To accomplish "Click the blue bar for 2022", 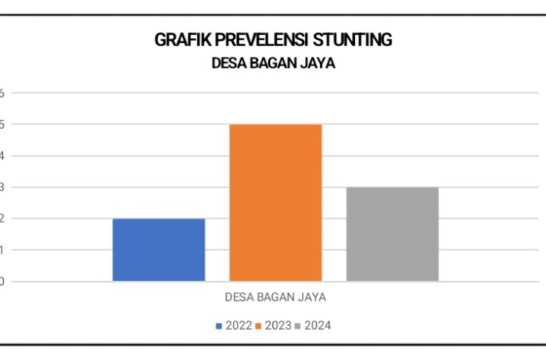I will click(158, 250).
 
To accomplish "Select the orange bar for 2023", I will click(275, 203).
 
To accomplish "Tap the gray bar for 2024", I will click(392, 234).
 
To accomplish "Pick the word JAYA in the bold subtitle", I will click(317, 64).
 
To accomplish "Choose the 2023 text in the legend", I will click(278, 326).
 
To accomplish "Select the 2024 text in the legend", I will click(318, 326).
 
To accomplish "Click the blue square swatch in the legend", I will click(219, 327).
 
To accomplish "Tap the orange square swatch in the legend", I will click(259, 327).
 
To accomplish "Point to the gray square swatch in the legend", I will click(299, 327).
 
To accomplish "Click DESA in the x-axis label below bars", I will click(239, 296).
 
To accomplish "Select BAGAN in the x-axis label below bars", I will click(274, 296).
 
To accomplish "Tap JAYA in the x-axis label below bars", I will click(312, 296).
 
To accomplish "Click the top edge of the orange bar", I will click(275, 124).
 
